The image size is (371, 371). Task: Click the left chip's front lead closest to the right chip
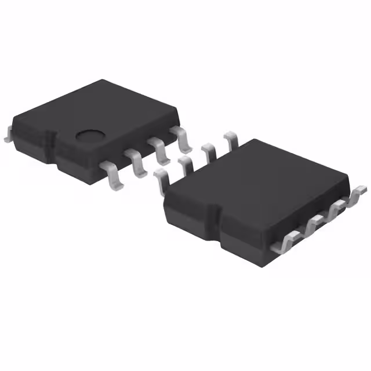pos(183,139)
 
